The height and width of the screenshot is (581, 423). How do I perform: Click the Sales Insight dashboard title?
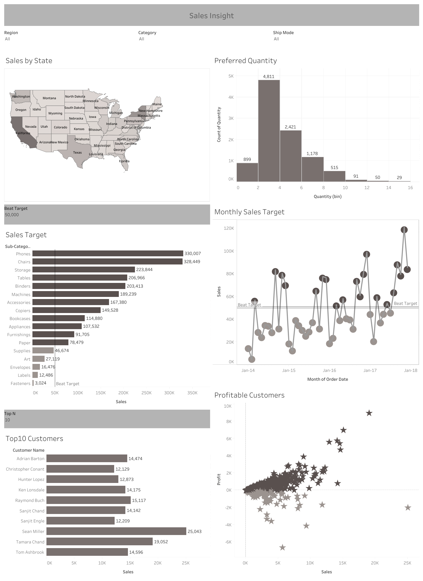click(211, 16)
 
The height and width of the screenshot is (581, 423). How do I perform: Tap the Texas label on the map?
click(77, 153)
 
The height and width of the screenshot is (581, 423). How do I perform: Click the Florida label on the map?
click(124, 161)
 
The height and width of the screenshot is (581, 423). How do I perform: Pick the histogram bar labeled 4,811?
click(269, 131)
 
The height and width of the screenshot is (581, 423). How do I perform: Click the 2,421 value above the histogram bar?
click(290, 127)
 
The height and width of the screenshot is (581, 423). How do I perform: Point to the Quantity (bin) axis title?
click(328, 197)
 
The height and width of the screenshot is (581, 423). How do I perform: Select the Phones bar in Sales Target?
click(108, 254)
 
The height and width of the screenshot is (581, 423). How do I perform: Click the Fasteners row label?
click(21, 384)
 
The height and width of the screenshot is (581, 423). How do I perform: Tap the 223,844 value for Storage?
click(144, 270)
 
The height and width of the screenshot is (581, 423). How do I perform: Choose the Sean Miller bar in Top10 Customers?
click(116, 531)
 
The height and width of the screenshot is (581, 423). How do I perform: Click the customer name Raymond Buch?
click(30, 500)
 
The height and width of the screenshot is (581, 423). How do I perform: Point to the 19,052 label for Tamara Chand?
click(161, 542)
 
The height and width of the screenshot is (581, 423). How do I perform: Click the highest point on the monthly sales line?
click(404, 230)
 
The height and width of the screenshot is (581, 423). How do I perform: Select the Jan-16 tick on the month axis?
click(329, 370)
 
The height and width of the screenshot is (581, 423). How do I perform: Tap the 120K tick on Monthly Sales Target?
click(229, 228)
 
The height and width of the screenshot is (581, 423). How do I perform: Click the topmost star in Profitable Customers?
click(369, 413)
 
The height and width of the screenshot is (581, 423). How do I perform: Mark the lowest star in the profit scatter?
click(282, 547)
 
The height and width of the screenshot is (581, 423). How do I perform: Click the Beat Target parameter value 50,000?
click(12, 215)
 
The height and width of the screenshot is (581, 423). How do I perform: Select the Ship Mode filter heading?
click(283, 32)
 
